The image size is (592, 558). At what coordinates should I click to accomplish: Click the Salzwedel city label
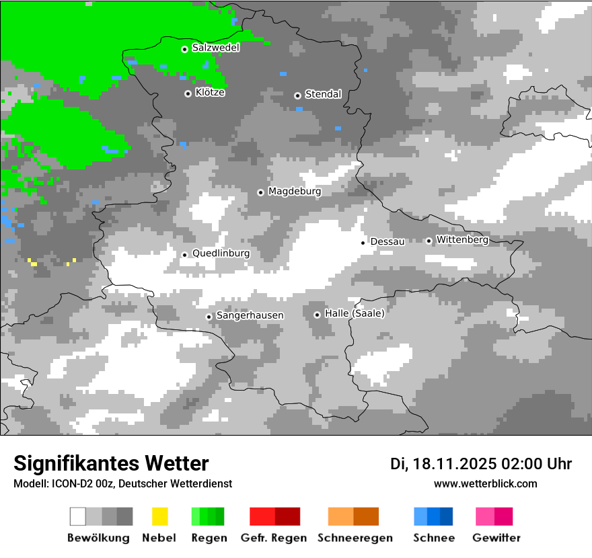pyautogui.click(x=215, y=48)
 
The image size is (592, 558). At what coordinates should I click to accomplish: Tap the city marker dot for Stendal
pyautogui.click(x=297, y=95)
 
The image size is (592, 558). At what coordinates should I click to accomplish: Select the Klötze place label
pyautogui.click(x=210, y=93)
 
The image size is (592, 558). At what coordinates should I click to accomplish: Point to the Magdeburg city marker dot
pyautogui.click(x=261, y=192)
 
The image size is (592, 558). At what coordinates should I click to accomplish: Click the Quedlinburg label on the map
pyautogui.click(x=221, y=253)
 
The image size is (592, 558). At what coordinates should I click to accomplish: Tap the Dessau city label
pyautogui.click(x=387, y=241)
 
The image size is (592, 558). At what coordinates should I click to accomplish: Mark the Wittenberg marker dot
pyautogui.click(x=429, y=241)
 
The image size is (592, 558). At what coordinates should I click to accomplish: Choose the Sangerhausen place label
pyautogui.click(x=250, y=315)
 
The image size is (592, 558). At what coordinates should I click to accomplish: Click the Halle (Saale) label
pyautogui.click(x=355, y=313)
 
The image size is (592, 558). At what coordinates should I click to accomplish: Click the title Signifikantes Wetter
pyautogui.click(x=111, y=464)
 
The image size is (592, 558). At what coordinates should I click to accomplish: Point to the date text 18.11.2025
pyautogui.click(x=455, y=464)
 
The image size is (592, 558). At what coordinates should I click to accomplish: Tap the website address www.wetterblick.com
pyautogui.click(x=485, y=483)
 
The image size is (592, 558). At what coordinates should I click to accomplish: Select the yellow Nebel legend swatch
pyautogui.click(x=159, y=516)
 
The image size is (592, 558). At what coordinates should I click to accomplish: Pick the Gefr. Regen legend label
pyautogui.click(x=274, y=538)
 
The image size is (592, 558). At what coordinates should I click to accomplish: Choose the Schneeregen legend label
pyautogui.click(x=355, y=538)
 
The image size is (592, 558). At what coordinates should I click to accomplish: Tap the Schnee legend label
pyautogui.click(x=433, y=538)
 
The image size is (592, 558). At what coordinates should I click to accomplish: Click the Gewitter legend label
pyautogui.click(x=496, y=538)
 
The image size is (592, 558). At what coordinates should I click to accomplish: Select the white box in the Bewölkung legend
pyautogui.click(x=78, y=516)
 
